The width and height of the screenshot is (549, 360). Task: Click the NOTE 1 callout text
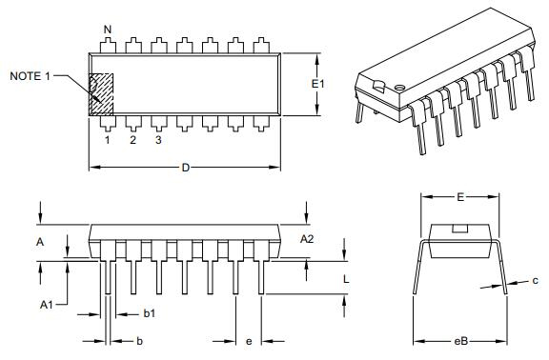[30, 76]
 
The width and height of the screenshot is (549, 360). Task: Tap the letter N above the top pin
[108, 30]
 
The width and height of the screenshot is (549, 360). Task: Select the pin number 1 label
[107, 140]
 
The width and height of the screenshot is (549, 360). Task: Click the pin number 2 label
[132, 140]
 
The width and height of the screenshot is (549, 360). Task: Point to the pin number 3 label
[158, 140]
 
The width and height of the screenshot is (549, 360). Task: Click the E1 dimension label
[318, 84]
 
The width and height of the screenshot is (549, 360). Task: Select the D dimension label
[186, 168]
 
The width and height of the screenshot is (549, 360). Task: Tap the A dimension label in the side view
[40, 242]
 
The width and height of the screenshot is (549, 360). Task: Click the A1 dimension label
[46, 305]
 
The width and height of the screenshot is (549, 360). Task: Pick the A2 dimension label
[307, 239]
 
